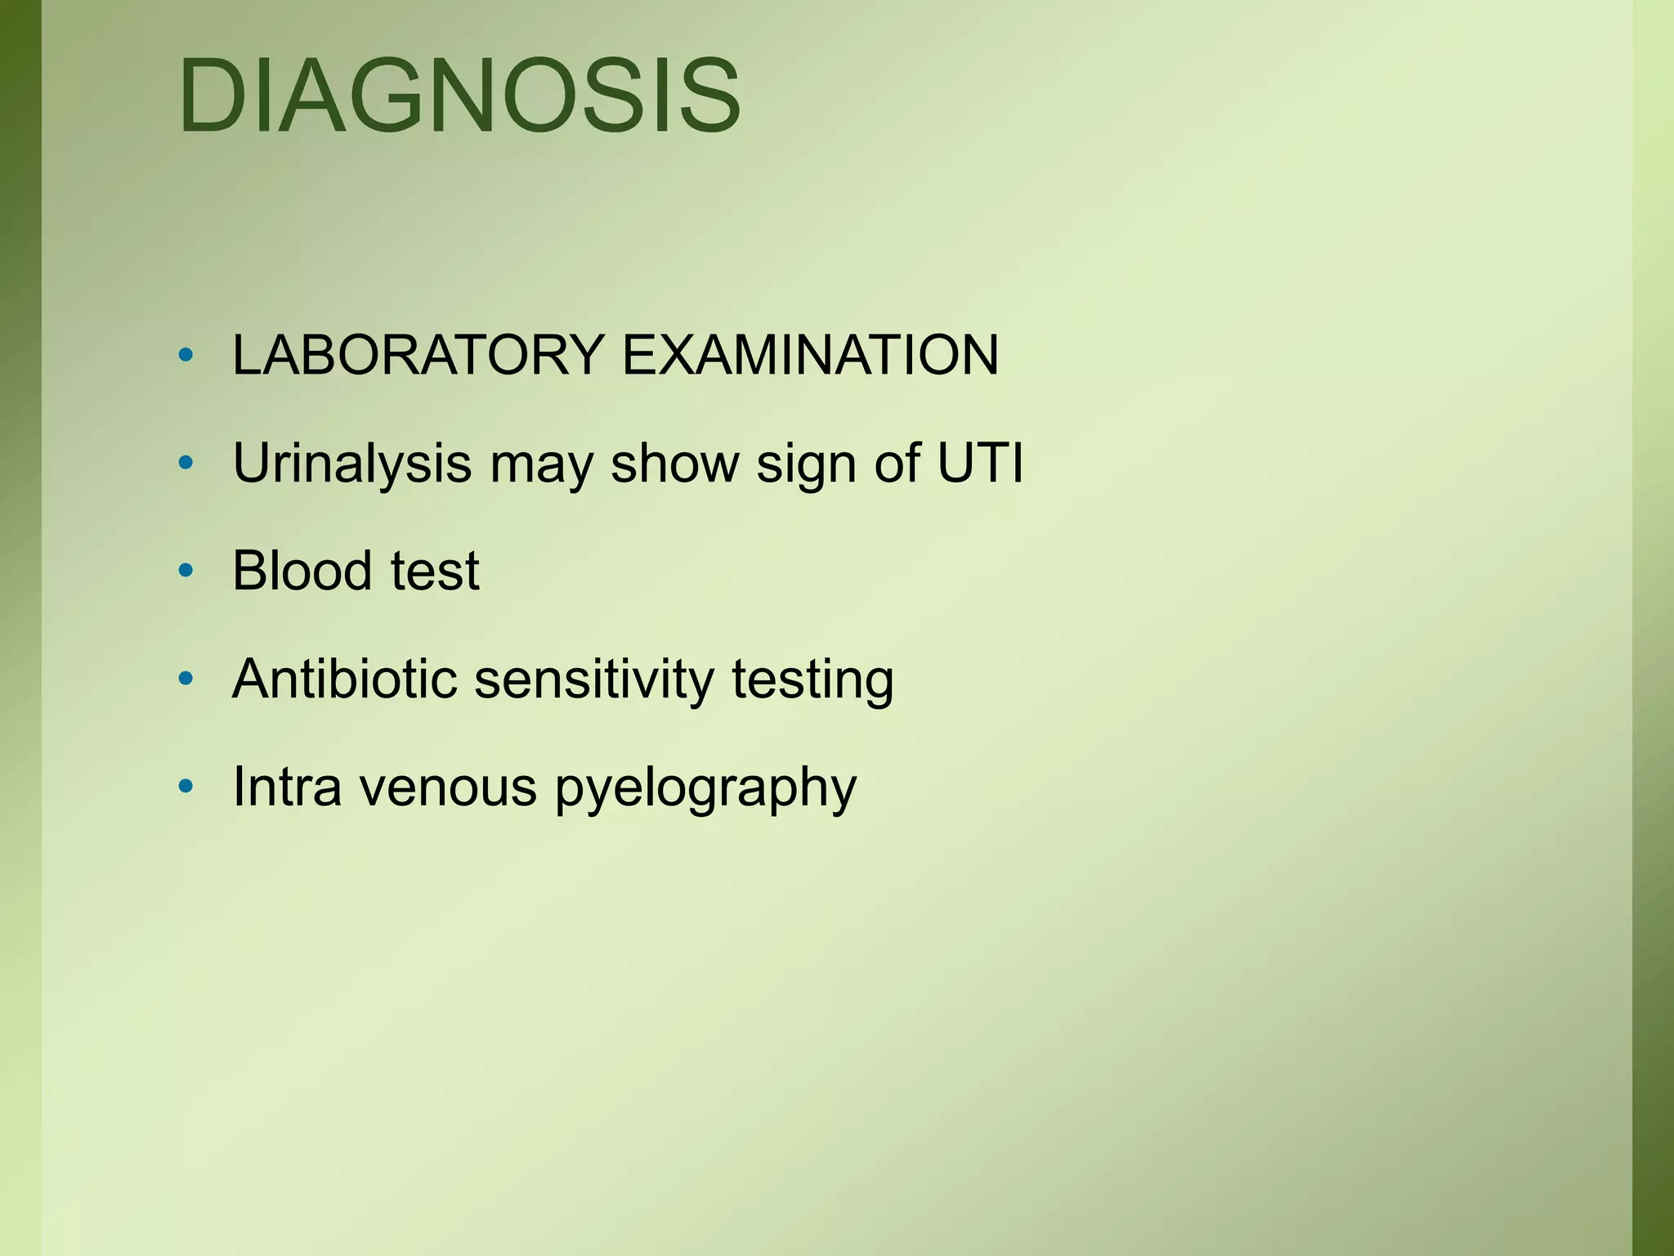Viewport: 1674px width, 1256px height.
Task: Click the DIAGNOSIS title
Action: [x=459, y=96]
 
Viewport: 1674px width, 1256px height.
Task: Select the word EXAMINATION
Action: [x=810, y=356]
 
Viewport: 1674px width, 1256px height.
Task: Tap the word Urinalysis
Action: [x=352, y=464]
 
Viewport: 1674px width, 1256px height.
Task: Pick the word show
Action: [x=674, y=464]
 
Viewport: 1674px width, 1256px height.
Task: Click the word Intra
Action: [x=287, y=787]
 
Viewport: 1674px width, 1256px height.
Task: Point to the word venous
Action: [x=448, y=788]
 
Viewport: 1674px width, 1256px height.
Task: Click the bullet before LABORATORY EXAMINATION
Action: [x=186, y=356]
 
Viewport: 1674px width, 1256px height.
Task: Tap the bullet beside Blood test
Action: [x=186, y=571]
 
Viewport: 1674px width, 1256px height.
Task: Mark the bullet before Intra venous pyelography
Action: [x=186, y=787]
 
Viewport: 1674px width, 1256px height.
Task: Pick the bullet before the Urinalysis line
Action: [x=186, y=464]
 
